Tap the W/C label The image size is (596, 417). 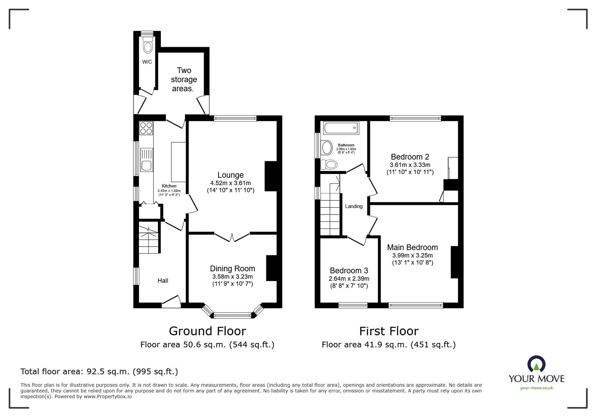coord(147,62)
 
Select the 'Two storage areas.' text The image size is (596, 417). coord(184,79)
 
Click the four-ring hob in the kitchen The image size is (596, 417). coord(146,128)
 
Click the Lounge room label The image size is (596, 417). coord(231,175)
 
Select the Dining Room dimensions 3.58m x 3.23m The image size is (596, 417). coord(232,277)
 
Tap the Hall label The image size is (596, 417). coord(163,281)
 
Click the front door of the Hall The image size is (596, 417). coord(171,301)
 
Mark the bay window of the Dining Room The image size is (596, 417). coord(232,315)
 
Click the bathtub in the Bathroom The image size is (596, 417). coord(341,128)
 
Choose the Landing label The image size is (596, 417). coord(354,206)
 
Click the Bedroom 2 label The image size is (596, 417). coord(410,157)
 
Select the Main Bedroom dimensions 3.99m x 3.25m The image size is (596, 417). coord(412,256)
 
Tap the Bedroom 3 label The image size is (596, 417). coord(349,271)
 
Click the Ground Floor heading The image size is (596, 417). coord(207,331)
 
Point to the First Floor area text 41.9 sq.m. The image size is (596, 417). coord(389,345)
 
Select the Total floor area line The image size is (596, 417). coord(99,372)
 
